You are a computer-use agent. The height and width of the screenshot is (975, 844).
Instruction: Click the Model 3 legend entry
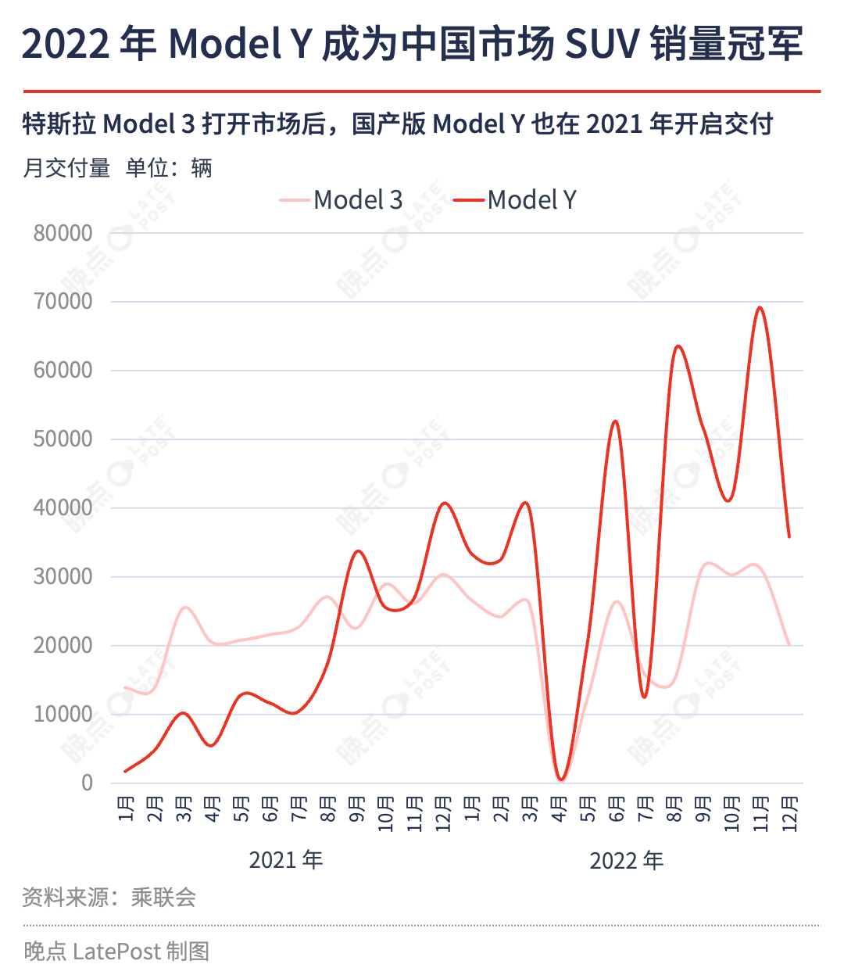(x=341, y=200)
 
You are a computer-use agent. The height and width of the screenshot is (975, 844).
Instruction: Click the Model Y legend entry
(x=514, y=200)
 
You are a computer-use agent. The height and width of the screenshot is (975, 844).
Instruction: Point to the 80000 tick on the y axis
(x=63, y=233)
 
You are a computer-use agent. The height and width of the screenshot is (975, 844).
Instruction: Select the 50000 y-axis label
(x=63, y=439)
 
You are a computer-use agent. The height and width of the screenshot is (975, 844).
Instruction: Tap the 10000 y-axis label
(x=63, y=715)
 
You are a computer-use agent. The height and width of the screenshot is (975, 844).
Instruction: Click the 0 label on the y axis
(x=88, y=783)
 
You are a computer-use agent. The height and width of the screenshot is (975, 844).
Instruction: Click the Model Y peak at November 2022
(x=760, y=307)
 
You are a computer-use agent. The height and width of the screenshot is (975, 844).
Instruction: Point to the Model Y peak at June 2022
(x=615, y=421)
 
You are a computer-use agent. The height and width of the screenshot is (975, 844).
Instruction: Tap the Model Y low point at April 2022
(x=560, y=780)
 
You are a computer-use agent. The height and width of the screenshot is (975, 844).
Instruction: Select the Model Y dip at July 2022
(x=645, y=697)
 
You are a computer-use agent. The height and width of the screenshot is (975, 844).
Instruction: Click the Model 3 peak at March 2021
(x=185, y=608)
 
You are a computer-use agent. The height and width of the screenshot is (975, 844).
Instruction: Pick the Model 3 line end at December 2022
(x=789, y=645)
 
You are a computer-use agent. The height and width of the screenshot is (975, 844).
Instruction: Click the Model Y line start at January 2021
(x=125, y=772)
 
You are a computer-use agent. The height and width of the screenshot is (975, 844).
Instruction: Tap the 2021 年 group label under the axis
(x=286, y=860)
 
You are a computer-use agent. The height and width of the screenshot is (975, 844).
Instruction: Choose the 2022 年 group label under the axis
(x=627, y=860)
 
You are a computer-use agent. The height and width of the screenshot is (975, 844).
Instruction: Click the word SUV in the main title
(x=602, y=44)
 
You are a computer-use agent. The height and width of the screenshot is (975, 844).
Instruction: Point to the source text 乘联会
(x=163, y=898)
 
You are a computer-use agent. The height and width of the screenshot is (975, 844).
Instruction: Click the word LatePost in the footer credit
(x=117, y=952)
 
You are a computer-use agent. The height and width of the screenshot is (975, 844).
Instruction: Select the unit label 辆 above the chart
(x=202, y=168)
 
